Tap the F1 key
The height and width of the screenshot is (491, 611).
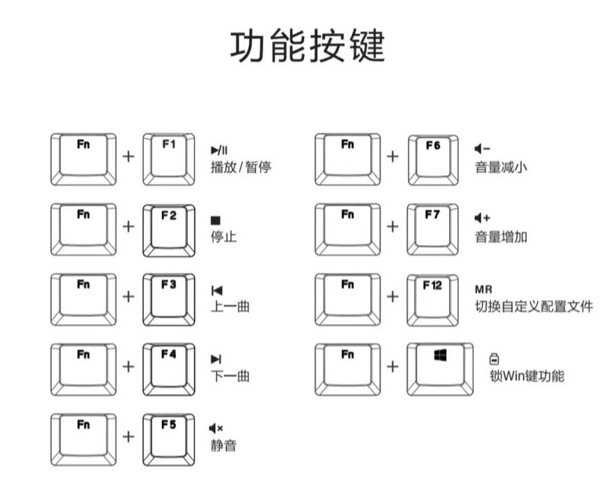tap(169, 159)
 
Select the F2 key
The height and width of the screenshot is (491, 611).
tap(169, 229)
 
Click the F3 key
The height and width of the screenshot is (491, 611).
tap(169, 298)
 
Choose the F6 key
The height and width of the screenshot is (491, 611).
tap(432, 159)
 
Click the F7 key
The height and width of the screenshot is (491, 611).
tap(432, 229)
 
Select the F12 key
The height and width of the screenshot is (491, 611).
tap(432, 298)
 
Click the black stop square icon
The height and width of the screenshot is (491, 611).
tap(215, 220)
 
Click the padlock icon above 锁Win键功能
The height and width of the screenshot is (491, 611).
tap(493, 358)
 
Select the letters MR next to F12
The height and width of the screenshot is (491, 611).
tap(483, 289)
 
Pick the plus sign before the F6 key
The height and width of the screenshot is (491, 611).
tap(393, 156)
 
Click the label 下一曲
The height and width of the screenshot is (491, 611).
tap(230, 376)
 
